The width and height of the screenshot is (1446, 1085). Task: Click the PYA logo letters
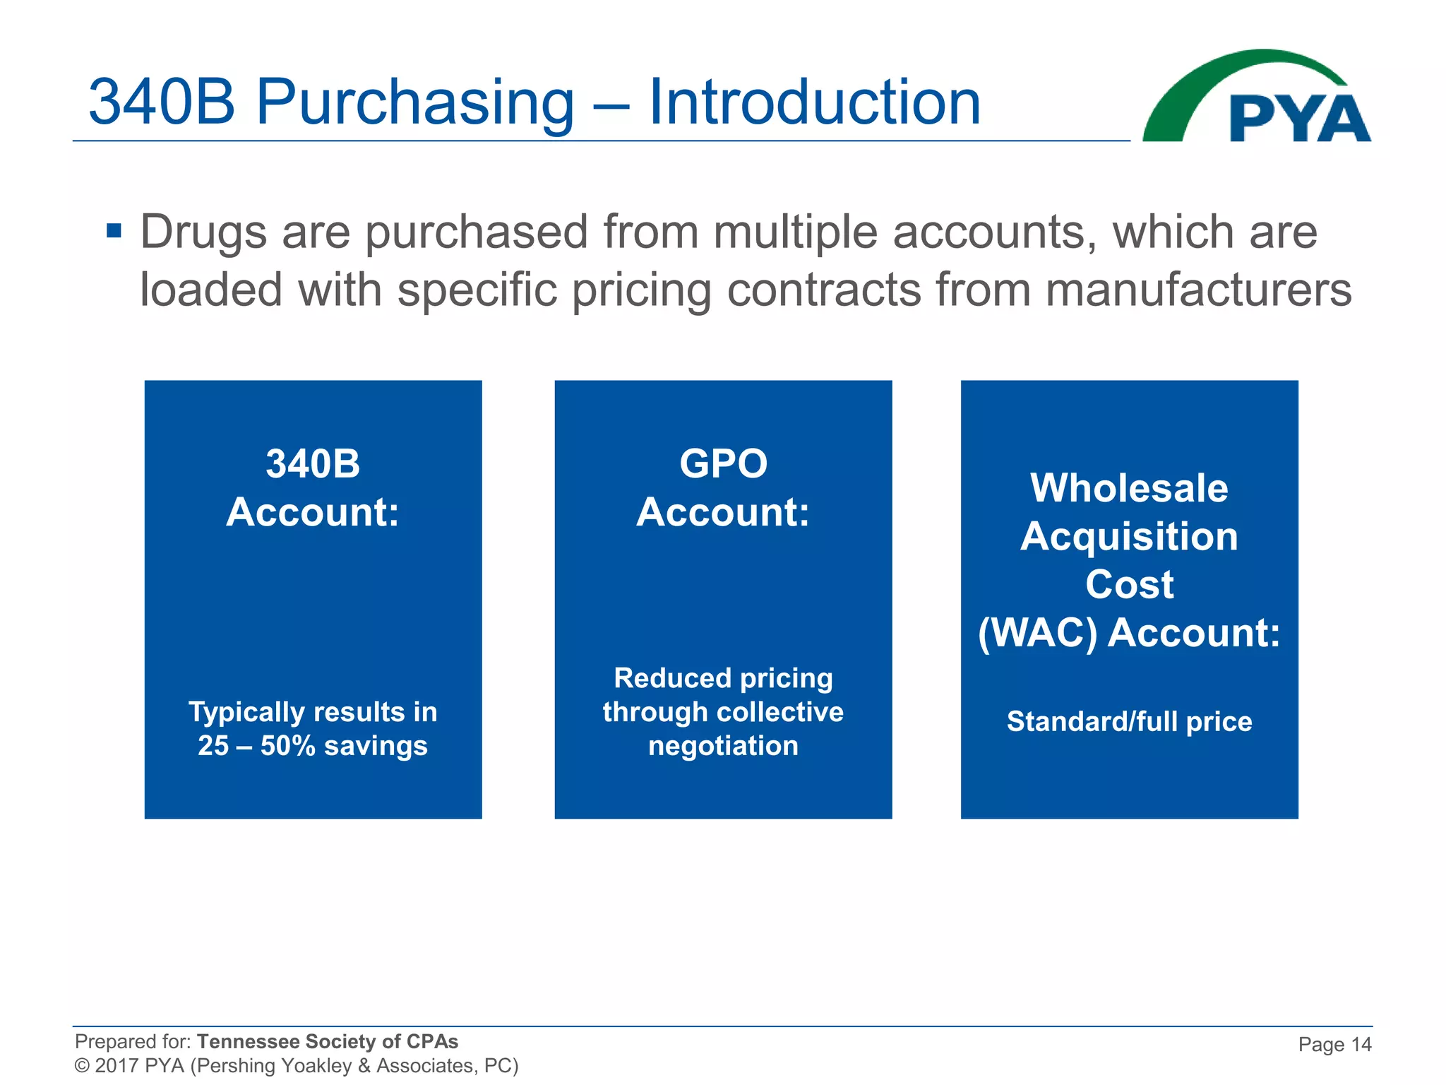click(1299, 119)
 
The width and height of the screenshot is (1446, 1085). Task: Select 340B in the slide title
click(162, 102)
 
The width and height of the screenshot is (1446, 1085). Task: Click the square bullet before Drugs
click(114, 231)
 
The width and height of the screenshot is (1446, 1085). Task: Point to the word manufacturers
click(1198, 290)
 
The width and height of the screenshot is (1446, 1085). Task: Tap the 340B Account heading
click(313, 487)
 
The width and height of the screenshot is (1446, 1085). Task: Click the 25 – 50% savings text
click(313, 746)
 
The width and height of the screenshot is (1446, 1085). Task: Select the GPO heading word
click(723, 464)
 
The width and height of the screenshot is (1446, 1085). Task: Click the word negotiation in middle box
click(723, 746)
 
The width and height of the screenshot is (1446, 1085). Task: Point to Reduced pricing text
click(723, 678)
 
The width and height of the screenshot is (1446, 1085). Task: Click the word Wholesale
click(1129, 488)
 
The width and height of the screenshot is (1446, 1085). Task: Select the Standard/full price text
click(1129, 722)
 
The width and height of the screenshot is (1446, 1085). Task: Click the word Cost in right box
click(1129, 585)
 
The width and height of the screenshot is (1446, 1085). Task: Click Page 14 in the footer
click(1334, 1044)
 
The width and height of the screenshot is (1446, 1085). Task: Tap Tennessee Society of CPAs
click(327, 1041)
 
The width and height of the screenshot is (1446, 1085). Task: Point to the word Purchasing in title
click(414, 102)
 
